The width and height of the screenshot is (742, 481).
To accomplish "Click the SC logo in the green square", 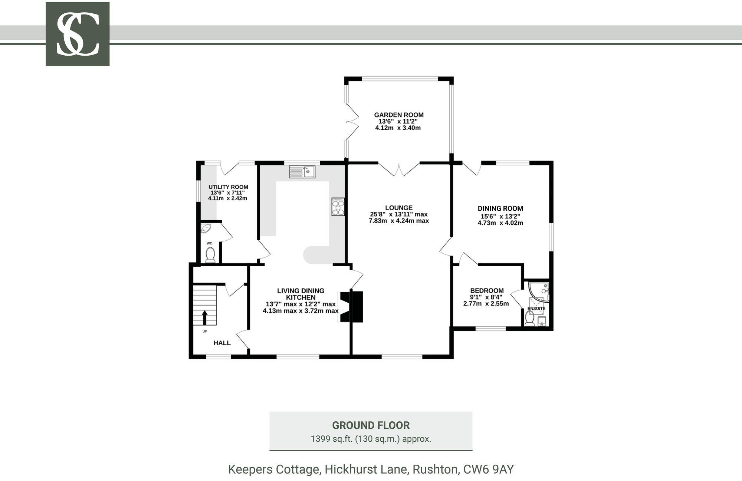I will (78, 34).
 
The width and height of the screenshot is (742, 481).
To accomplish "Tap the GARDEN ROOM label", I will (398, 115).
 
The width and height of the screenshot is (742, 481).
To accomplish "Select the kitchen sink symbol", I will (302, 172).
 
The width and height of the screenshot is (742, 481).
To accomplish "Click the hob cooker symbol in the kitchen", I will (338, 207).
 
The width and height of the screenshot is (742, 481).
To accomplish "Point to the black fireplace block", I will (352, 307).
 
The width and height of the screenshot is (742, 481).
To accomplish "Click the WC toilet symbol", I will (210, 255).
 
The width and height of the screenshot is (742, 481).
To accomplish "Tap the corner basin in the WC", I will (205, 228).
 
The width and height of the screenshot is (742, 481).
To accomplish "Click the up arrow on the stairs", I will (204, 317).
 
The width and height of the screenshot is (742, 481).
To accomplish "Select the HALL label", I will (222, 343).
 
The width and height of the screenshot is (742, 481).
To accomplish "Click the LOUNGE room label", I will (398, 208).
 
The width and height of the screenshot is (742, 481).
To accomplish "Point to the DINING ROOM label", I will (500, 208).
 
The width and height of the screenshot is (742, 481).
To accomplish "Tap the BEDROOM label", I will (487, 291).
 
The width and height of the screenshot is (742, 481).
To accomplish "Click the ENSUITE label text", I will (536, 309).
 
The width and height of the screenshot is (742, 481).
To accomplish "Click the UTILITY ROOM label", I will (228, 187).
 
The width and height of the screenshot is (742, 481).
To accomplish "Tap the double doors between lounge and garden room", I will (399, 169).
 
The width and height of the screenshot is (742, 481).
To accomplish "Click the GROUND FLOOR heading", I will (371, 425).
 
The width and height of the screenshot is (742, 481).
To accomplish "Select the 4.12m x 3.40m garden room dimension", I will (398, 128).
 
